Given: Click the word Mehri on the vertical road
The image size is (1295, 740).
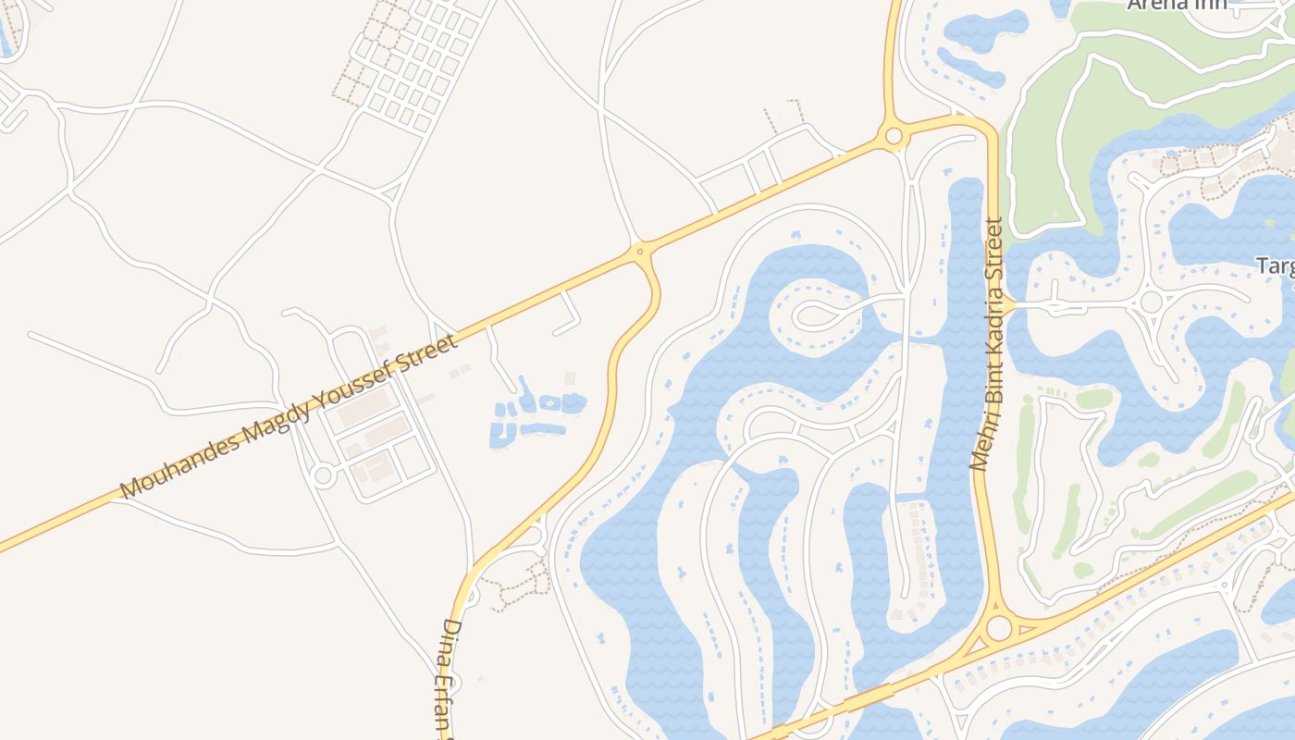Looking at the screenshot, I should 980,446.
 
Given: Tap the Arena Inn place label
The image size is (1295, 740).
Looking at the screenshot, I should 1177,4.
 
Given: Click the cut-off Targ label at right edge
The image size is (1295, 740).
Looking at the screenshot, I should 1276,266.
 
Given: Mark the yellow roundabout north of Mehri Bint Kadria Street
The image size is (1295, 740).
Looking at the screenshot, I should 894,137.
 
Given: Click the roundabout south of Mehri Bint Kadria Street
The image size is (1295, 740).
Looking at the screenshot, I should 999,629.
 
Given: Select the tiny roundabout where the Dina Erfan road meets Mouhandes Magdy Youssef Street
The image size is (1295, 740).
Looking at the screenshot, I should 639,250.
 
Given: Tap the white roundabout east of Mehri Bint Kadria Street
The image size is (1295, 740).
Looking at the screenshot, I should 1151,302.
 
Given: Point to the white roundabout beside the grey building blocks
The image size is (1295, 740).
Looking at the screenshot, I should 323,476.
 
